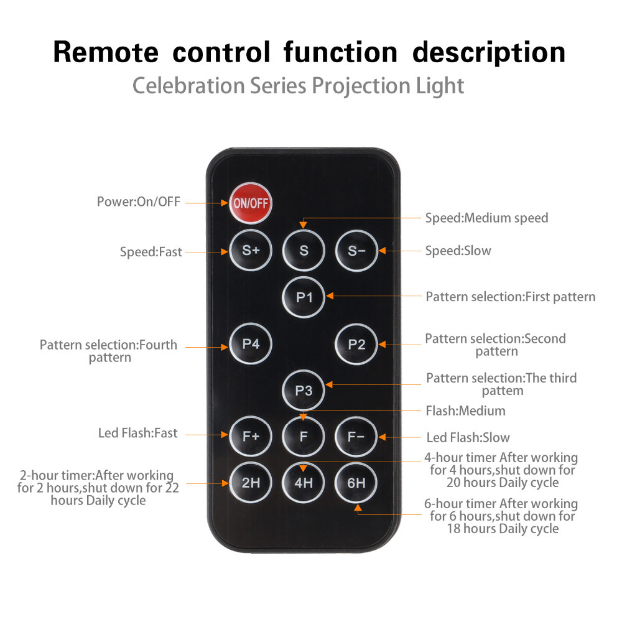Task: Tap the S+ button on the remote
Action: [x=251, y=251]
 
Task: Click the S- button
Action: [x=356, y=251]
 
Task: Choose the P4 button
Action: [x=251, y=343]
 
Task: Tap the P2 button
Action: [x=356, y=343]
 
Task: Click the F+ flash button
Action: [x=251, y=435]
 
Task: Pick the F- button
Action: [x=356, y=435]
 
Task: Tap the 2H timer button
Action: [x=251, y=482]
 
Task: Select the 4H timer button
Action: [x=304, y=482]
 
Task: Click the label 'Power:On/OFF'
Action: [x=138, y=202]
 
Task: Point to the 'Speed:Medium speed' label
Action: [x=486, y=218]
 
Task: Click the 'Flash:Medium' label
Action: [x=465, y=411]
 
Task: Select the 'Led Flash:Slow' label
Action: [x=468, y=438]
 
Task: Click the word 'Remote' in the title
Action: [x=105, y=52]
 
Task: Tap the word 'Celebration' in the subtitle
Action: [x=189, y=85]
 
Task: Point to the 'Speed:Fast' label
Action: [x=151, y=252]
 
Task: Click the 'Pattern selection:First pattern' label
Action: [x=510, y=297]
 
